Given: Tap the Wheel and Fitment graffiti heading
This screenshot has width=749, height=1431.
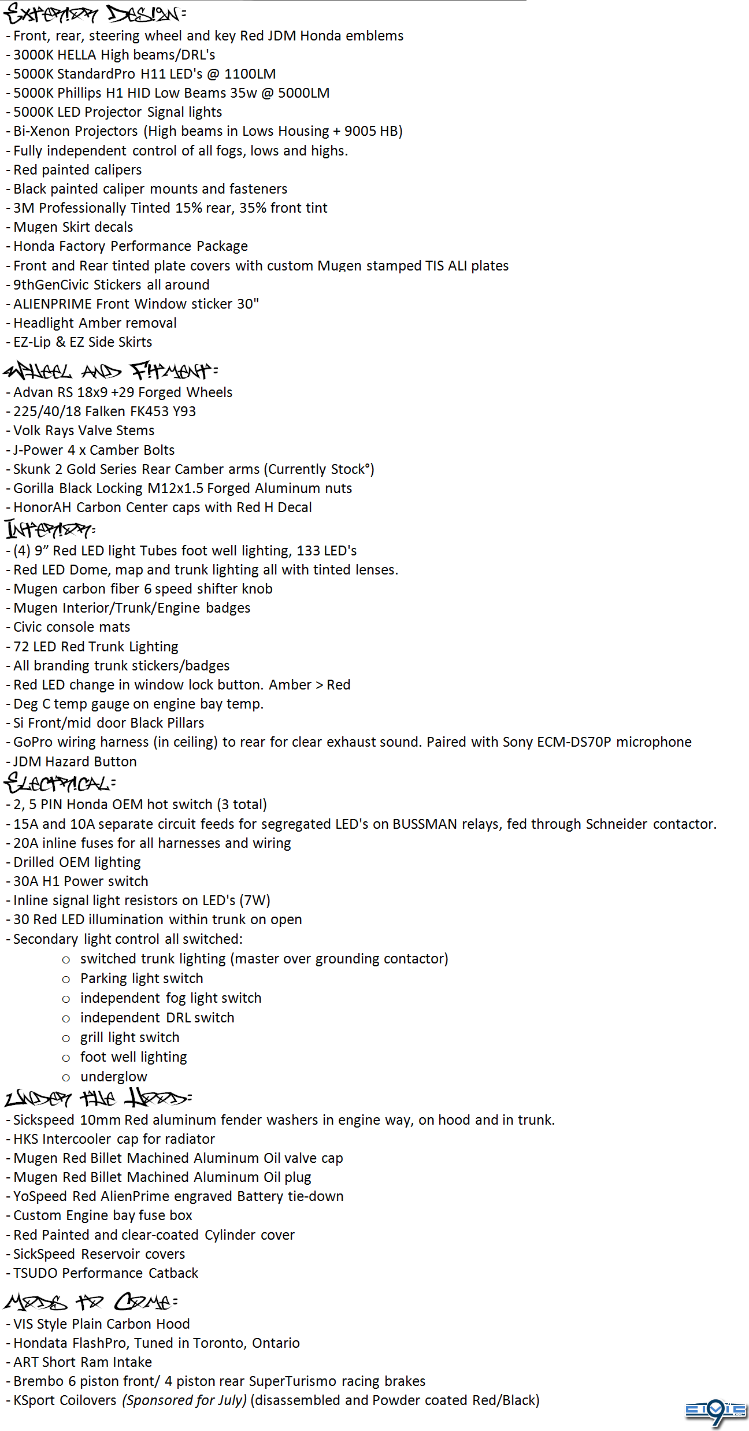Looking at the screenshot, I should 110,370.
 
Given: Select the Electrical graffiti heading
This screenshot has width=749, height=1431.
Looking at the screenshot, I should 60,783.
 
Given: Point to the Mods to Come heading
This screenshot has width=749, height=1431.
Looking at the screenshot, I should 90,1302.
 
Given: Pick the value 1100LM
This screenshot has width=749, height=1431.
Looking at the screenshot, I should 250,74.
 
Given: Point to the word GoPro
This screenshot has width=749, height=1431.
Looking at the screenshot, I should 33,742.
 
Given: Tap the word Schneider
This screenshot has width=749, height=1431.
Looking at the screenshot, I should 616,824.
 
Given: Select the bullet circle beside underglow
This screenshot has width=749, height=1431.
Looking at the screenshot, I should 66,1077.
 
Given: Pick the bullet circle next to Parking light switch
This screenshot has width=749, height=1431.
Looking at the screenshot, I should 66,979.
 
